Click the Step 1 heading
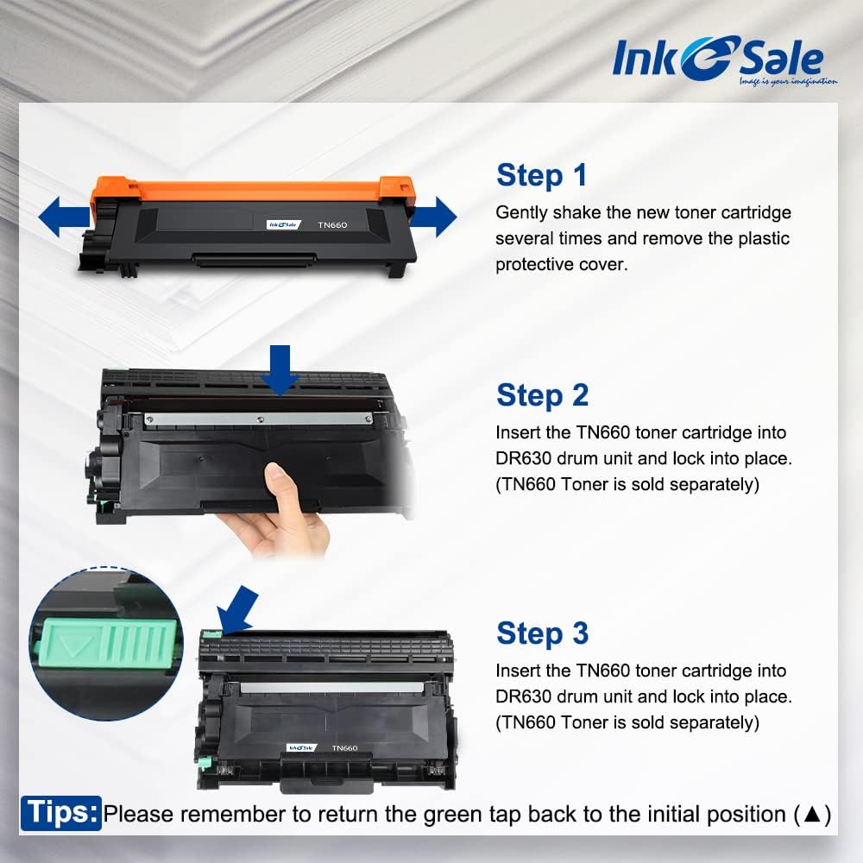point(541,175)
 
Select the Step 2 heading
point(542,395)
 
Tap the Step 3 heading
point(542,633)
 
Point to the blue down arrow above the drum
point(283,369)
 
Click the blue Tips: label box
point(61,813)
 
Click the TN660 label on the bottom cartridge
point(344,747)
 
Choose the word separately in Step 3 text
point(713,722)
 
